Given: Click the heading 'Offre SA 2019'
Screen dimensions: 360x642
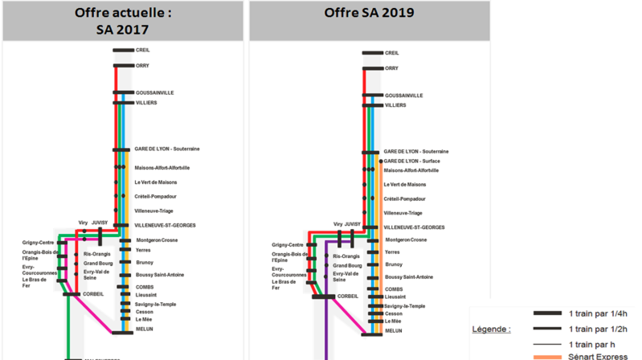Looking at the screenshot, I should point(369,14).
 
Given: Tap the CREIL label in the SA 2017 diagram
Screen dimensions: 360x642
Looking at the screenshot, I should point(142,50).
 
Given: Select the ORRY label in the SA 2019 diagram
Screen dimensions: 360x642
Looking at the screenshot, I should point(392,68).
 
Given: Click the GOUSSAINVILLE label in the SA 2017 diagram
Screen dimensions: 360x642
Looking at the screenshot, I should point(154,92).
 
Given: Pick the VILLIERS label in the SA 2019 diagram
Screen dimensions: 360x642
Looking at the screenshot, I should point(395,105).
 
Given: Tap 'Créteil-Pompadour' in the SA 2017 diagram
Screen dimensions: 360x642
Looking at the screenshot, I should point(155,196).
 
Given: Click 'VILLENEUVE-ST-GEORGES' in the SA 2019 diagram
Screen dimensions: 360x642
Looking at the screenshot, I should point(415,227).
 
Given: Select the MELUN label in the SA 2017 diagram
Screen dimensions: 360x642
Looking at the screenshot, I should point(145,329).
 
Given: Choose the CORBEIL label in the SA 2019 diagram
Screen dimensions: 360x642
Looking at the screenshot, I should point(348,296).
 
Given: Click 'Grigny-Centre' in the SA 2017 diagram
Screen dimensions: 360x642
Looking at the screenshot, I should point(39,243).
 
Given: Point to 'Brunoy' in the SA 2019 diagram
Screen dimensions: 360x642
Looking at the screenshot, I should point(394,264).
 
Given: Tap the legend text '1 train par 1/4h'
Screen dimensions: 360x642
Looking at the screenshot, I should point(598,313).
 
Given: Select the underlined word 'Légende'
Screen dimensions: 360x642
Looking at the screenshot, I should point(490,329).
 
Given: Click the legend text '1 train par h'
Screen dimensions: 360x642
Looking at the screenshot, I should point(591,344).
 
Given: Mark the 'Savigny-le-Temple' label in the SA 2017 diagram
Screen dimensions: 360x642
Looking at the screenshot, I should point(155,304).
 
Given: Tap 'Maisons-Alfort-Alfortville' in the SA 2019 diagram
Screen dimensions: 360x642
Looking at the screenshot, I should point(411,170).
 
